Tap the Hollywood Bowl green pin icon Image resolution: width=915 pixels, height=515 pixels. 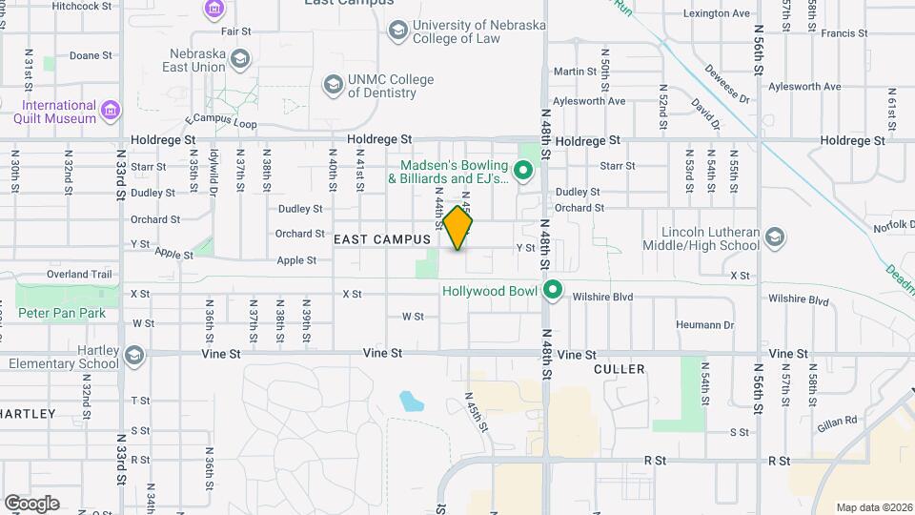(x=552, y=290)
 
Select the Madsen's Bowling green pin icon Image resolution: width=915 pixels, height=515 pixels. (x=521, y=172)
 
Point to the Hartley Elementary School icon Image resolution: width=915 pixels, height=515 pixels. (x=133, y=357)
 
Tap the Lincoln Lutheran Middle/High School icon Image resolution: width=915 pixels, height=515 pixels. (x=775, y=237)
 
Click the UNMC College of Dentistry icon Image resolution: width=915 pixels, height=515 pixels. (x=332, y=86)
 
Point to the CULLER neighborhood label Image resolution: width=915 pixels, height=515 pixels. (x=619, y=368)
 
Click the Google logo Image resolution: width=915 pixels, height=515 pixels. (x=31, y=503)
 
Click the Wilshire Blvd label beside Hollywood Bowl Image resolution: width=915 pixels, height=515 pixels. (x=602, y=297)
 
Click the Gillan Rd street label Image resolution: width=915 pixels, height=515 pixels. (x=837, y=419)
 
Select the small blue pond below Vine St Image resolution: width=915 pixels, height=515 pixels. (x=412, y=401)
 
